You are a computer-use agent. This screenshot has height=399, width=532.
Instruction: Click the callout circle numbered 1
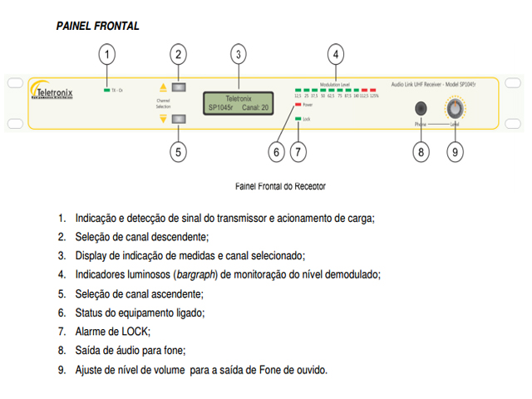pyautogui.click(x=106, y=56)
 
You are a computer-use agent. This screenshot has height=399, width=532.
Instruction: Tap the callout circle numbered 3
pyautogui.click(x=239, y=56)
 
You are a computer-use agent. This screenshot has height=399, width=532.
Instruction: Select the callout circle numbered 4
pyautogui.click(x=335, y=56)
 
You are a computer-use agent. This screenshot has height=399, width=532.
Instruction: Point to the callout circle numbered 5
pyautogui.click(x=178, y=152)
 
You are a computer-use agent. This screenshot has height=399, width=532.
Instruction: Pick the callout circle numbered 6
pyautogui.click(x=277, y=152)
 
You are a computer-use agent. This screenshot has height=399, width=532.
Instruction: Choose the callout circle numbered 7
pyautogui.click(x=299, y=152)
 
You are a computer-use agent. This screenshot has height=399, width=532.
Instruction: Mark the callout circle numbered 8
pyautogui.click(x=421, y=152)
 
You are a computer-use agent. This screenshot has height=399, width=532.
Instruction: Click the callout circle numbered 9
pyautogui.click(x=455, y=152)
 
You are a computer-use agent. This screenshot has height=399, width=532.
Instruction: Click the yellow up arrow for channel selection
pyautogui.click(x=163, y=87)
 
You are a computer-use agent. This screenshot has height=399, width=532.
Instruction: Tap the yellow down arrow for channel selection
pyautogui.click(x=163, y=118)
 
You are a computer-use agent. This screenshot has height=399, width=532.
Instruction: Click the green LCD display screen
pyautogui.click(x=238, y=102)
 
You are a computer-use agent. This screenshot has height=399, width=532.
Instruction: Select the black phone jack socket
pyautogui.click(x=421, y=108)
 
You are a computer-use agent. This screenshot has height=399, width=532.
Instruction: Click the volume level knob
pyautogui.click(x=456, y=109)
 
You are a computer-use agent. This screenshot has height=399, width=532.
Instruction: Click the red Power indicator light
pyautogui.click(x=298, y=106)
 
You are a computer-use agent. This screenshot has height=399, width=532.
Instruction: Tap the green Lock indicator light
pyautogui.click(x=298, y=120)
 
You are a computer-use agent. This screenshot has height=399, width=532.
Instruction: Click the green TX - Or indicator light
pyautogui.click(x=106, y=89)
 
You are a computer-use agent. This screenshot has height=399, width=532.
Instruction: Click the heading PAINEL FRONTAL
pyautogui.click(x=97, y=27)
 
